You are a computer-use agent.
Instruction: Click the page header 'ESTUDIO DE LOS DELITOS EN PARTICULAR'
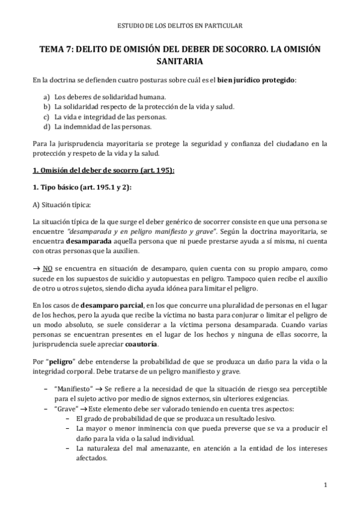pos(180,26)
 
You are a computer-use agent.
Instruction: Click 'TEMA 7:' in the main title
pos(56,49)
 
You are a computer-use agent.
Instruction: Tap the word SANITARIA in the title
pos(180,61)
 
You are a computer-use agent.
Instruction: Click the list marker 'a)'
pos(47,96)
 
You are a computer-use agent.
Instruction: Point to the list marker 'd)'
pos(47,127)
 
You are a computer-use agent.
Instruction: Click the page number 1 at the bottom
pos(325,485)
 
